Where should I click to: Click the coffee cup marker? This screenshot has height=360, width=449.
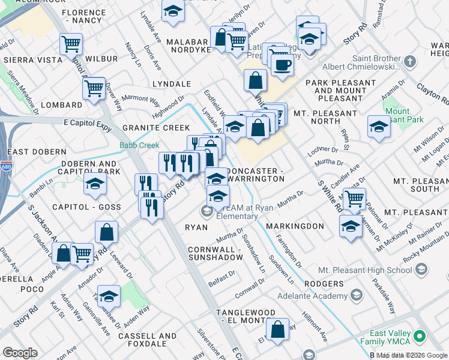282,64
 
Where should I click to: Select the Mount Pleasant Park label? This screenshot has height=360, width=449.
406,115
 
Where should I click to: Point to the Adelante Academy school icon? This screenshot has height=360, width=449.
357,295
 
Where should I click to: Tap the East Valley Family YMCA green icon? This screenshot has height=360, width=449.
422,335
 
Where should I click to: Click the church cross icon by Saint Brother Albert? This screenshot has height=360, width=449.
409,61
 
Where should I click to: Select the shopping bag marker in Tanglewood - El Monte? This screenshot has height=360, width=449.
277,329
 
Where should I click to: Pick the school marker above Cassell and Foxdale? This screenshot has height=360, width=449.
109,296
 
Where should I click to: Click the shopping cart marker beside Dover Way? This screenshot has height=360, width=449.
94,88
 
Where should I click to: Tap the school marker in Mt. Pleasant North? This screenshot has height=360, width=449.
378,127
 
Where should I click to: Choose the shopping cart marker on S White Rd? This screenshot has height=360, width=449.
354,197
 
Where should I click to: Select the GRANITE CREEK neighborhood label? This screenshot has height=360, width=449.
156,128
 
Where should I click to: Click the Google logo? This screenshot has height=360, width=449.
20,352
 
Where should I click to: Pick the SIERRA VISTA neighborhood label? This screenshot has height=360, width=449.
33,60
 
